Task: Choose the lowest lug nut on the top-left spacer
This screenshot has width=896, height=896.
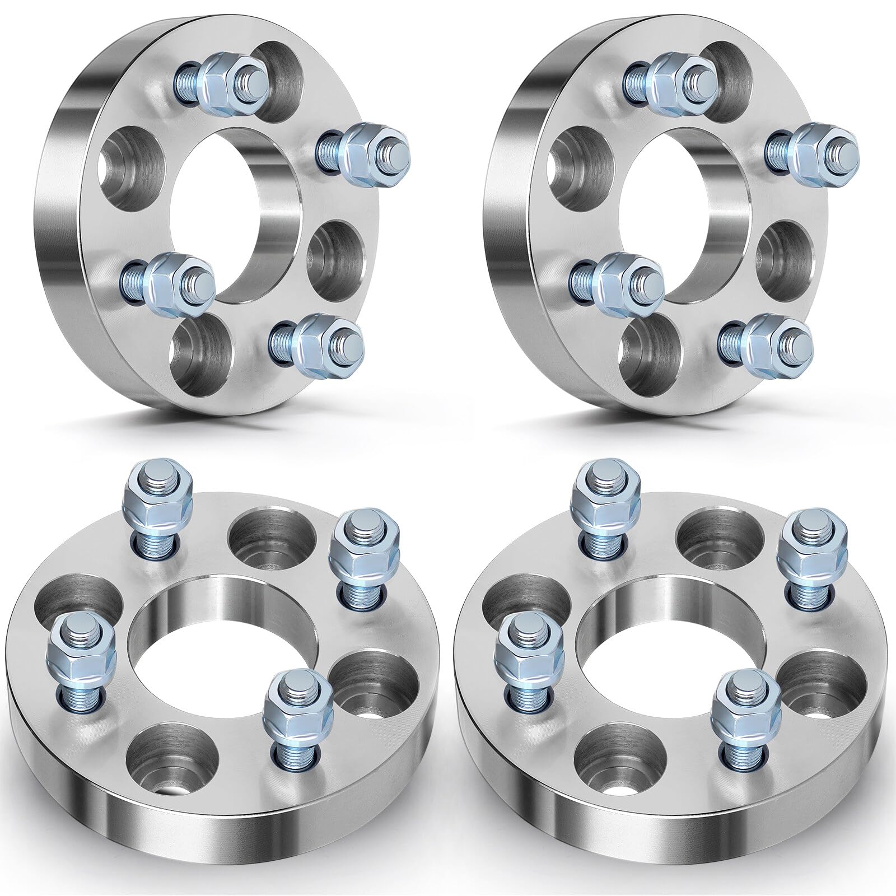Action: click(319, 342)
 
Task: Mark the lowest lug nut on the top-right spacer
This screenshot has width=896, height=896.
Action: click(767, 342)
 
